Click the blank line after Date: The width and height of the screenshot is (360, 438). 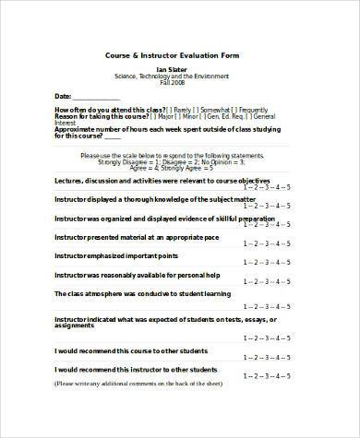pos(96,97)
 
